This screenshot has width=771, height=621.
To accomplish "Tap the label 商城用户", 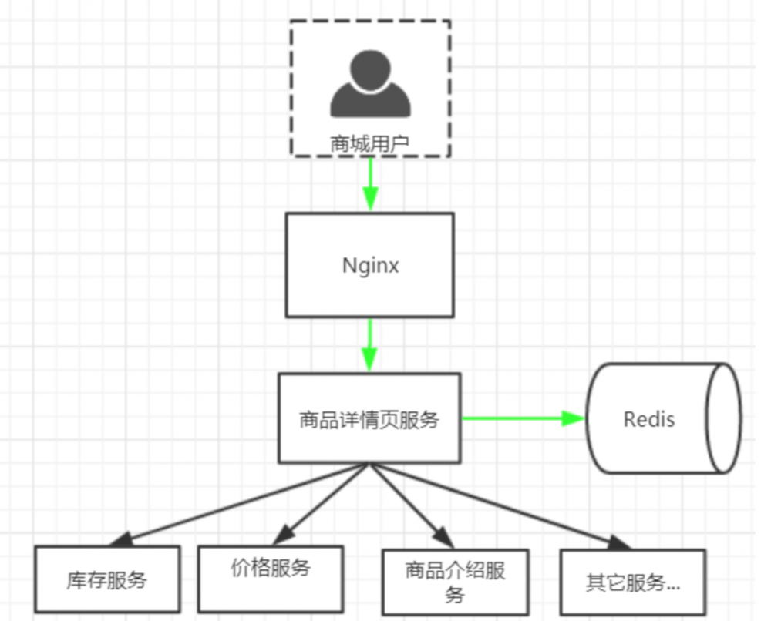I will click(370, 143).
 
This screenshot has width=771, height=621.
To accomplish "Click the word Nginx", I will click(370, 266).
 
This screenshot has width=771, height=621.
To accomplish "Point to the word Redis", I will click(648, 419).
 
